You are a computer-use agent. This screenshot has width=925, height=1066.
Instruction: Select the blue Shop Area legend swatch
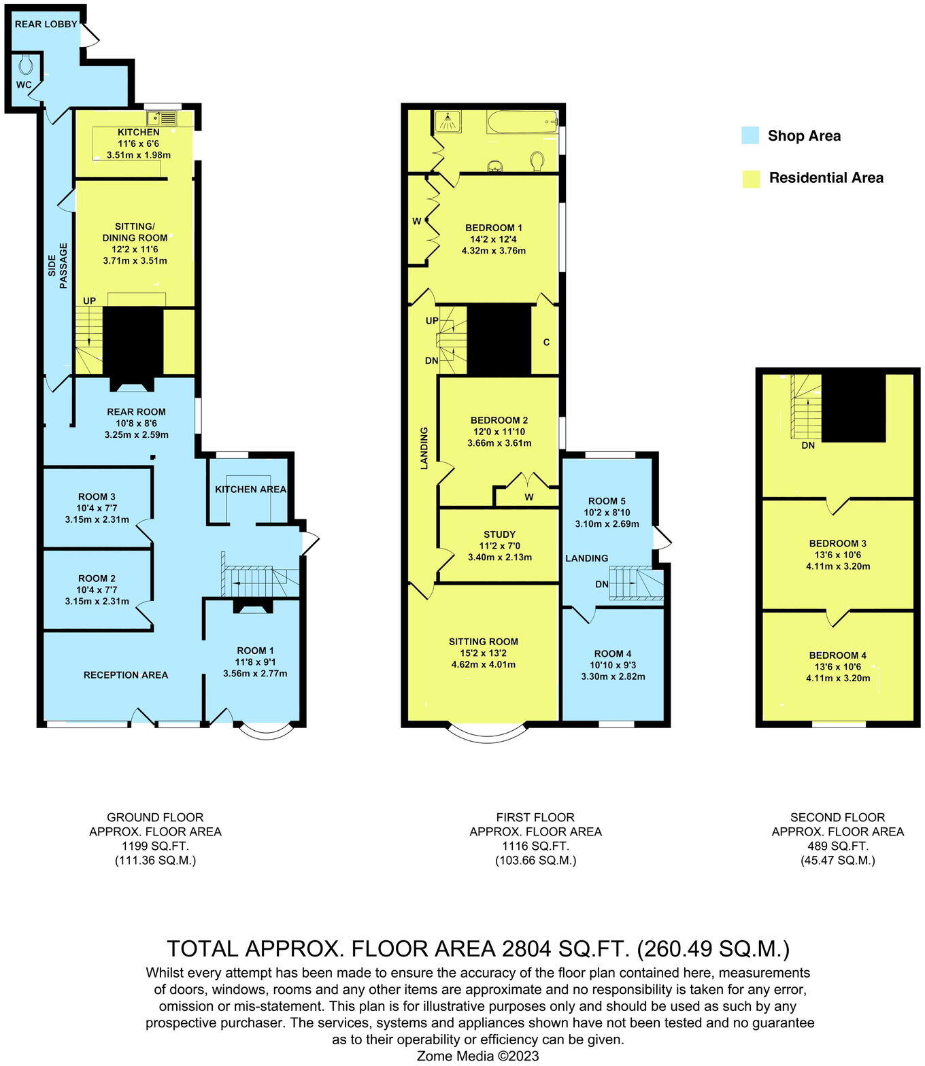pos(750,135)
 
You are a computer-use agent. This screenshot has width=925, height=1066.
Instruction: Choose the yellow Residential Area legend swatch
pos(751,178)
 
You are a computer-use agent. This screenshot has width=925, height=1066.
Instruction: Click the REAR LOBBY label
pos(46,24)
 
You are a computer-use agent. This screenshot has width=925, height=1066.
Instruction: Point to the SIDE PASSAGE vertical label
pos(58,265)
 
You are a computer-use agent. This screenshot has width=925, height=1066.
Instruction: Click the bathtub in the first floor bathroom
pos(522,122)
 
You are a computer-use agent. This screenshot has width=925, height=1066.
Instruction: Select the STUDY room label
pos(499,534)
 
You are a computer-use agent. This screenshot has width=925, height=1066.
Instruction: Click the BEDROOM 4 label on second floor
pos(837,655)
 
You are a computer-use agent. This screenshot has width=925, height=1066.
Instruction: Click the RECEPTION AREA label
pos(126,675)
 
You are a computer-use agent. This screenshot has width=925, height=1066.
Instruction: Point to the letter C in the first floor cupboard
pos(546,343)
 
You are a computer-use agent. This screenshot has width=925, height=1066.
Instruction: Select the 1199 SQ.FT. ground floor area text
pos(155,846)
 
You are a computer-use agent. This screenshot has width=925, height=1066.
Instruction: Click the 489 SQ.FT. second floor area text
pos(837,846)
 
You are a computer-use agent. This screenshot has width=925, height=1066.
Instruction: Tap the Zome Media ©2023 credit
pos(477,1056)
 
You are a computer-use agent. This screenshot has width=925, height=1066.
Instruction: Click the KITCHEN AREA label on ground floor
pos(250,489)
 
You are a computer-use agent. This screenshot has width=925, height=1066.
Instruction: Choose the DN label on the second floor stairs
pos(808,445)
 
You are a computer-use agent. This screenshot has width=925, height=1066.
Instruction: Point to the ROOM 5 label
pos(607,501)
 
